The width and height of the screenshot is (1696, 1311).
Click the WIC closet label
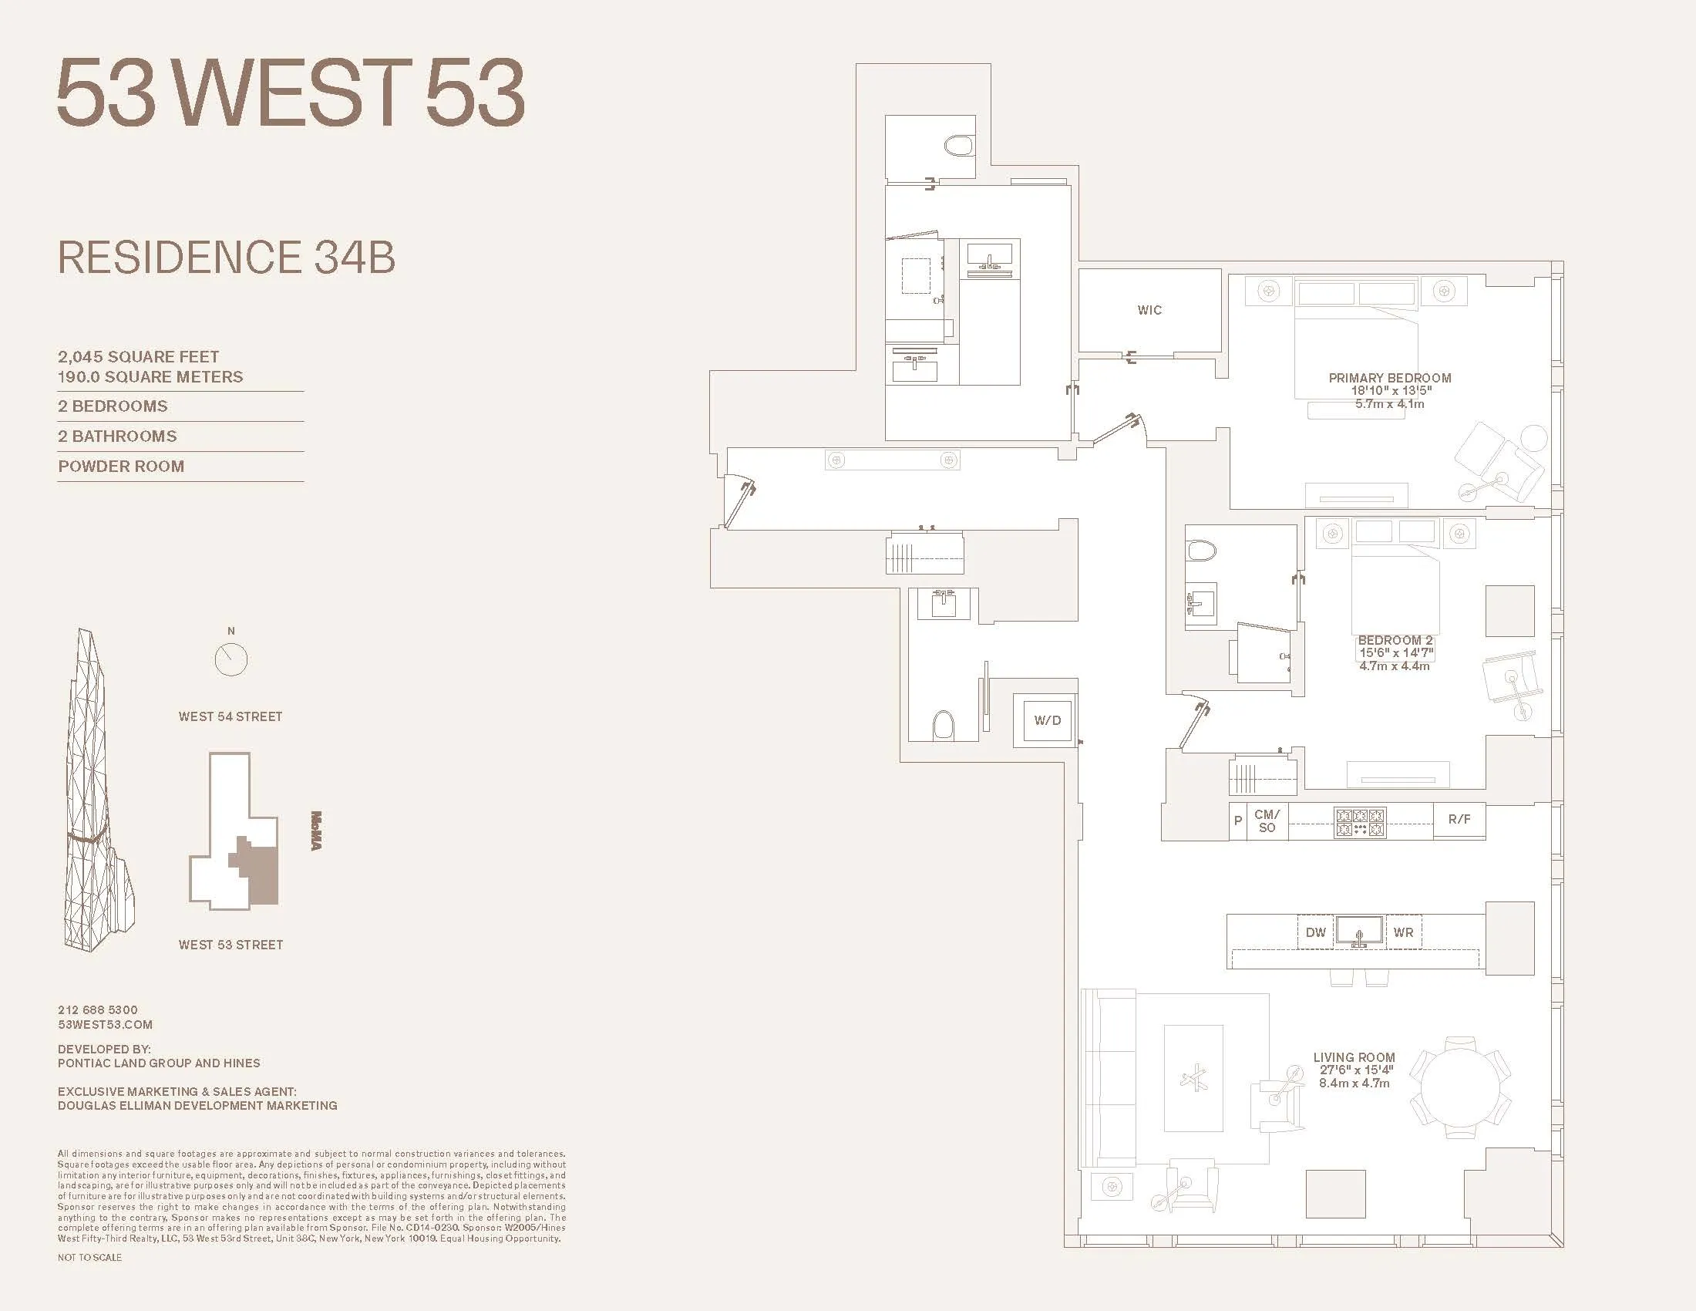(1149, 310)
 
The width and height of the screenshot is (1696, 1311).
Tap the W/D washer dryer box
(1047, 721)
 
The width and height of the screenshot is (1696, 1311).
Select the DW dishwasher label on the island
(1315, 932)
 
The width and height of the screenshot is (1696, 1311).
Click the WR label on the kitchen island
(1403, 932)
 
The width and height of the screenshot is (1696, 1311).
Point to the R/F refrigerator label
(1459, 819)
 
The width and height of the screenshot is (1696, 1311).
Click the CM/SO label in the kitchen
(1267, 821)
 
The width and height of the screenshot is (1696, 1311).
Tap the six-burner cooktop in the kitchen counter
(1360, 823)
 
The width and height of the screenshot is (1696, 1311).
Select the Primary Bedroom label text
(1389, 378)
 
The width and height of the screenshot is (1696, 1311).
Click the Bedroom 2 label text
(1395, 641)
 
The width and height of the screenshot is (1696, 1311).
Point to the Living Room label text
(1354, 1057)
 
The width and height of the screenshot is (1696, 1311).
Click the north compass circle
(231, 660)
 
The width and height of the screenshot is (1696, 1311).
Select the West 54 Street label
(230, 717)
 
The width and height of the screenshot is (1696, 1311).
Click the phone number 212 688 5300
(98, 1009)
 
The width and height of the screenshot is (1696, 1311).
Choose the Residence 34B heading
(226, 258)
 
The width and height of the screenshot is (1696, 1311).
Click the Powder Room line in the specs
(121, 467)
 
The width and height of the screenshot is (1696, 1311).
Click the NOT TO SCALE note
(89, 1258)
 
